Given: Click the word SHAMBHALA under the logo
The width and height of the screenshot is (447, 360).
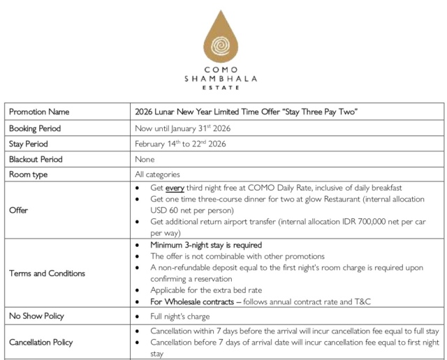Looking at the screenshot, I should point(221,80).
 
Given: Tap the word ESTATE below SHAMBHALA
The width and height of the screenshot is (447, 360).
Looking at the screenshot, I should point(221,89).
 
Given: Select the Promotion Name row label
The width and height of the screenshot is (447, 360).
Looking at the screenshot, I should point(39,112).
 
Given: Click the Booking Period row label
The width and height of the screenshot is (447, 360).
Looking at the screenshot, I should point(35,128).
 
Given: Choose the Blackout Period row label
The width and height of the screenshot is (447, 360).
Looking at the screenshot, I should point(36,159).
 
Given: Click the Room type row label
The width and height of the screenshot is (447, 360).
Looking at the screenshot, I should point(29,174).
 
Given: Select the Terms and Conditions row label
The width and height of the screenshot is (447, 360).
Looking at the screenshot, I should point(47,273).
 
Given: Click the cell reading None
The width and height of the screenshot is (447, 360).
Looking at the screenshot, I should point(145,159).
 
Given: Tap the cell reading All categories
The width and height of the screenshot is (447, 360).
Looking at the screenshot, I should point(157,174).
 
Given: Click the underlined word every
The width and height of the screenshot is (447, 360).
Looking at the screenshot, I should point(174,188).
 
